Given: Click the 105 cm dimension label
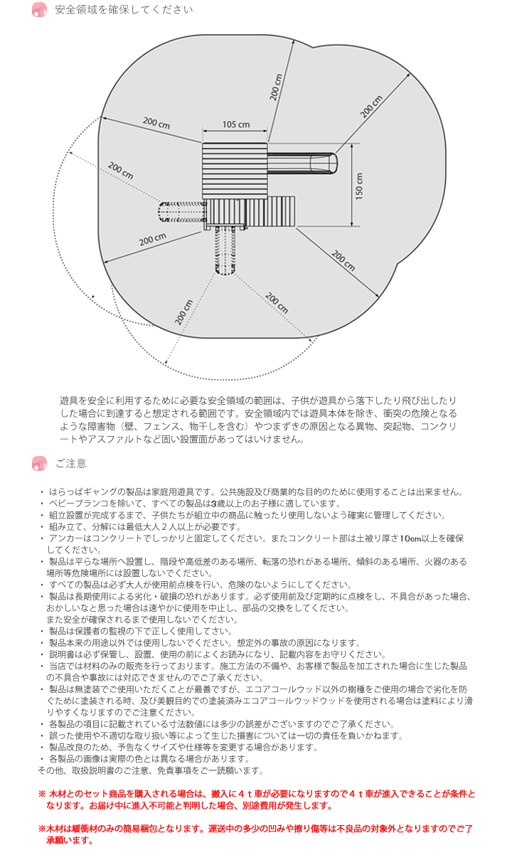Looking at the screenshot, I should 235,124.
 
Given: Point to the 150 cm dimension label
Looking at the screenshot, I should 360,186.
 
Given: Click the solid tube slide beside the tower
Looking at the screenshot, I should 302,163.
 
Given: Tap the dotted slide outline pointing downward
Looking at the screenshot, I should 225,251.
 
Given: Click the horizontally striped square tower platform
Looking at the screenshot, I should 234,171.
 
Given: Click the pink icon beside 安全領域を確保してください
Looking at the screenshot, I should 40,10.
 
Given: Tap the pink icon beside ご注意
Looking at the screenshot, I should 40,464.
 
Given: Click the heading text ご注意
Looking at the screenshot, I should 71,464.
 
